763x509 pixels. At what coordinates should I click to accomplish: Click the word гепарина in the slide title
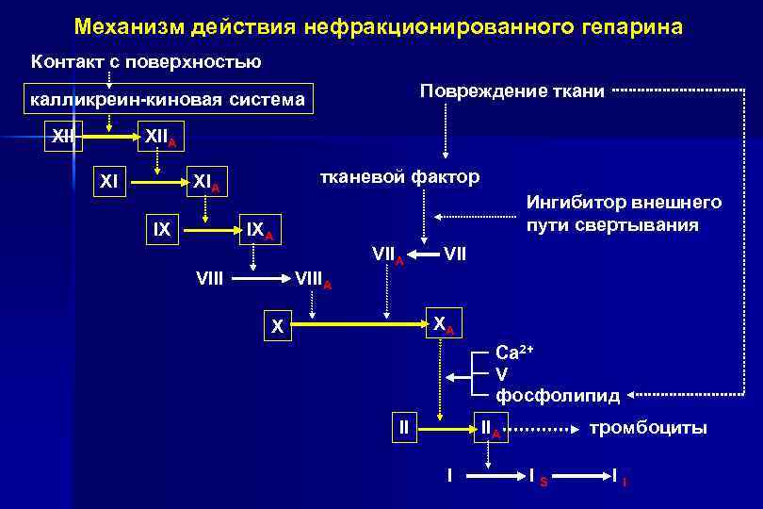[x=620, y=27]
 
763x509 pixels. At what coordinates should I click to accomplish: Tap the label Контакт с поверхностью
[x=146, y=63]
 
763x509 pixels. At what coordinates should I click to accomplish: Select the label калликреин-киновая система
[x=167, y=99]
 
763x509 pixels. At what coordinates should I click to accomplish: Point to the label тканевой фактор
[x=400, y=177]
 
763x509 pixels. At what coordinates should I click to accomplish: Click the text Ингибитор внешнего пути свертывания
[x=624, y=214]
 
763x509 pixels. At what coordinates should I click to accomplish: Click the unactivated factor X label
[x=277, y=327]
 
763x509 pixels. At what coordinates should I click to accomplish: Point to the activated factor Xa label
[x=443, y=323]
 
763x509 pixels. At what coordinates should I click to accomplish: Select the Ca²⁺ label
[x=514, y=353]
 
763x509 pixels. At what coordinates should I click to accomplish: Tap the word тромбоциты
[x=647, y=429]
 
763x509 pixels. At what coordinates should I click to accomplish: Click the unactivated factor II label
[x=404, y=427]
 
